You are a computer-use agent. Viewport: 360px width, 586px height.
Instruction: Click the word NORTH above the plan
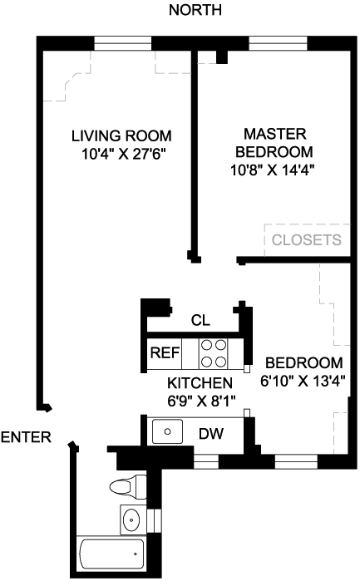(x=195, y=10)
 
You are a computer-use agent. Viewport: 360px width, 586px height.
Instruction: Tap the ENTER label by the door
(x=26, y=437)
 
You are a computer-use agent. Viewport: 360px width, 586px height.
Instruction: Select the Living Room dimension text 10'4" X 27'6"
(x=123, y=154)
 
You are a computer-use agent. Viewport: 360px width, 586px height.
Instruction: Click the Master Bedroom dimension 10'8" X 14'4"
(x=272, y=170)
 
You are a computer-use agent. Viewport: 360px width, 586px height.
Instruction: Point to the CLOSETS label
(x=307, y=239)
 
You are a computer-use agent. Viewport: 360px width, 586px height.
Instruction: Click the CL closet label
(x=200, y=320)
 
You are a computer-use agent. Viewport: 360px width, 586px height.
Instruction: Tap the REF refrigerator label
(x=165, y=352)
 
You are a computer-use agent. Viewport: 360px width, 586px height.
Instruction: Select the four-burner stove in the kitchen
(x=214, y=353)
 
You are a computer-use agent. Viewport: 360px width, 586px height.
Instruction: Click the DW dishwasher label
(x=211, y=434)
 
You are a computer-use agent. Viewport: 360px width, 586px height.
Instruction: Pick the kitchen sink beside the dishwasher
(x=167, y=431)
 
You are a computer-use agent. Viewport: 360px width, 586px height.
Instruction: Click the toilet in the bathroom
(x=128, y=486)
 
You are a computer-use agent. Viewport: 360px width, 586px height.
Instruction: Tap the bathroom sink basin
(x=131, y=520)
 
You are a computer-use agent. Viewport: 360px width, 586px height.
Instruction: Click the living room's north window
(x=122, y=43)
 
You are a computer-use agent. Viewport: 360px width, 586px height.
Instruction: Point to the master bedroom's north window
(x=279, y=43)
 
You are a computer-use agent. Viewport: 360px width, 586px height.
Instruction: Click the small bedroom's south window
(x=296, y=461)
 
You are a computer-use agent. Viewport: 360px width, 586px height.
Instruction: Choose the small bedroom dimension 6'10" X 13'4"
(x=303, y=382)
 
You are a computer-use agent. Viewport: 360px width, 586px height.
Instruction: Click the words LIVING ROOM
(x=122, y=135)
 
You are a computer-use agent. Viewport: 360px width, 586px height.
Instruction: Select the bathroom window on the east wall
(x=154, y=520)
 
